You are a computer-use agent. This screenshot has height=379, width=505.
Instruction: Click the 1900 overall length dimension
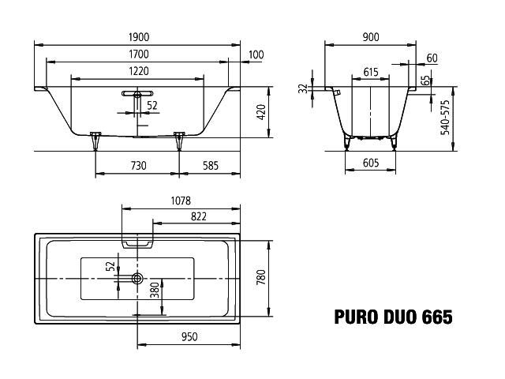tap(139, 37)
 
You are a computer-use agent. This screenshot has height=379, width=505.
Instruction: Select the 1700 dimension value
tap(139, 54)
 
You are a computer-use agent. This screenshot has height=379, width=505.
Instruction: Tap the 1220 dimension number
tap(139, 71)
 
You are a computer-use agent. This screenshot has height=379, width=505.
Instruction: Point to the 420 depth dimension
tap(261, 112)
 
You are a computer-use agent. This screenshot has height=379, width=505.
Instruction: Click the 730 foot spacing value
tap(139, 166)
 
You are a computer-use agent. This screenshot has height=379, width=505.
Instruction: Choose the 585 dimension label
tap(211, 166)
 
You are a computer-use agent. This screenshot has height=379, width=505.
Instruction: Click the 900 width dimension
tap(371, 37)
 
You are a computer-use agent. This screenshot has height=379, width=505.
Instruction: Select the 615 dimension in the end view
tap(371, 72)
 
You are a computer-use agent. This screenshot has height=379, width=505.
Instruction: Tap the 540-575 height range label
tap(445, 118)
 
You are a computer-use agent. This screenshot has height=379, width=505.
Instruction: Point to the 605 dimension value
tap(371, 163)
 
